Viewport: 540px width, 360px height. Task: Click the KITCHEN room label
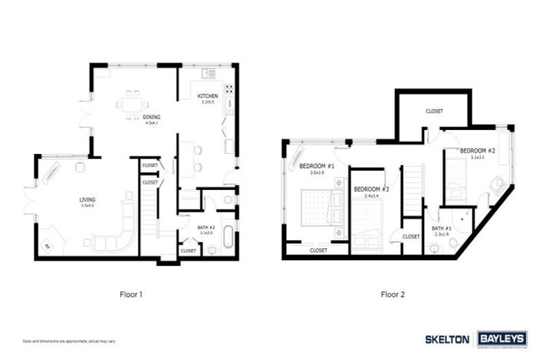[207, 96]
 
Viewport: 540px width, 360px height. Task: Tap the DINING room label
[151, 117]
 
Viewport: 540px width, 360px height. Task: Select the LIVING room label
[87, 200]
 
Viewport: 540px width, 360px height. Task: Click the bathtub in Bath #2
[229, 240]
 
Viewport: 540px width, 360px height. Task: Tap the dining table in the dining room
[133, 103]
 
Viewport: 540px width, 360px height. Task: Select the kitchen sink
[209, 73]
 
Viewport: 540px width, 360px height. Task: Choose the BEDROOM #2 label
[478, 150]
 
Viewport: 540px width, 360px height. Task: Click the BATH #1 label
[442, 229]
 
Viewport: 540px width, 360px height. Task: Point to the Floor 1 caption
[131, 295]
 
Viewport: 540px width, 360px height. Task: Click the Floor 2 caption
[392, 295]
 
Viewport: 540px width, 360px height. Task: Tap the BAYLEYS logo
[502, 339]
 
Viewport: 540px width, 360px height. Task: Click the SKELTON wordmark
[446, 339]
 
